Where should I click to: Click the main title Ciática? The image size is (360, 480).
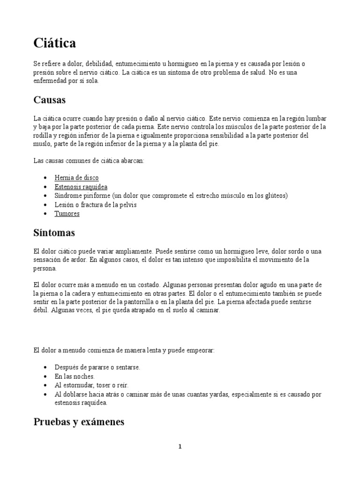point(55,44)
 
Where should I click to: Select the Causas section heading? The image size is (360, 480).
point(50,100)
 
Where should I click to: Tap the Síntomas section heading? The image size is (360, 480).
point(54,233)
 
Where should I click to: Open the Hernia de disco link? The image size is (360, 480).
point(77,178)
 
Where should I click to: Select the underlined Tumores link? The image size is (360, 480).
point(67,214)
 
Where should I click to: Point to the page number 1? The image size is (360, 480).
point(180,447)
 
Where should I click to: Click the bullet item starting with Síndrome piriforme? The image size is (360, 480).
point(171,195)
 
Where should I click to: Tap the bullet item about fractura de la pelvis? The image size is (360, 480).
point(96,205)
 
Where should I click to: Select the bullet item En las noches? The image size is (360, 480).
point(75,376)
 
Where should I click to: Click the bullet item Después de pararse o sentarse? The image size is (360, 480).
point(97,367)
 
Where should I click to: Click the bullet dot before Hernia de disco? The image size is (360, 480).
point(45,178)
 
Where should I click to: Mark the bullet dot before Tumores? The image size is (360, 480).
point(45,214)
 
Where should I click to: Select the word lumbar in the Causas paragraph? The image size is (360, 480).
point(316,118)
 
